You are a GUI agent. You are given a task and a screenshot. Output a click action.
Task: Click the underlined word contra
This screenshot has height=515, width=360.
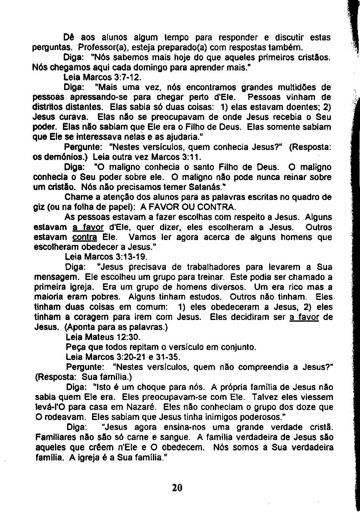click(x=85, y=237)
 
